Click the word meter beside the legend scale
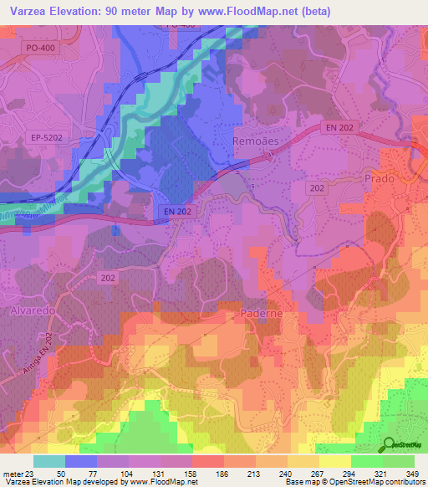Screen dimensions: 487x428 tap(12, 474)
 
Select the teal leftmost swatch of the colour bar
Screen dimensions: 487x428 tap(49, 461)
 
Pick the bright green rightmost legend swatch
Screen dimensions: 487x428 tap(399, 461)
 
